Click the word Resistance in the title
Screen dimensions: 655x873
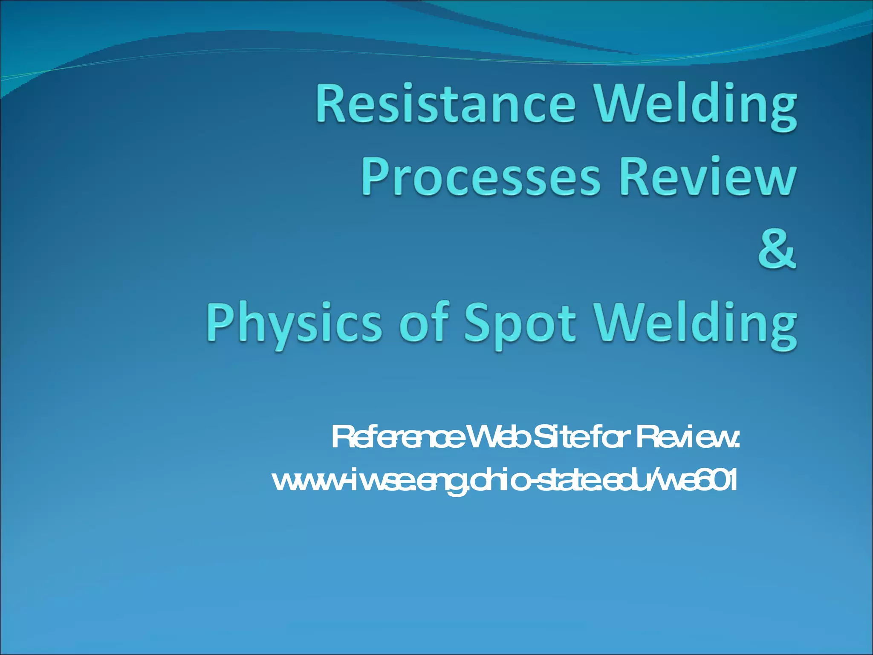[x=445, y=104]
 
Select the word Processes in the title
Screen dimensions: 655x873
[x=481, y=177]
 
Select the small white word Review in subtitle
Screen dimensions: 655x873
[x=686, y=438]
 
